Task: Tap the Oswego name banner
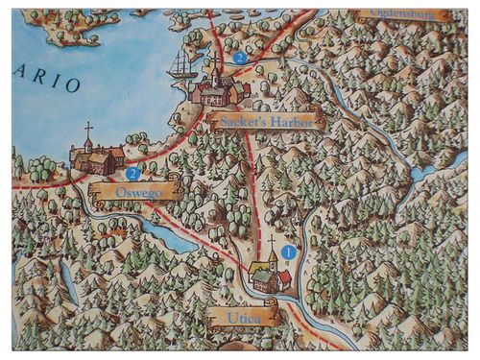tap(133, 192)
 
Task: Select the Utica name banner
tap(242, 314)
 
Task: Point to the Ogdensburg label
tap(404, 15)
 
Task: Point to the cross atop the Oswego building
tap(89, 128)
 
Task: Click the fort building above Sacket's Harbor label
tap(220, 91)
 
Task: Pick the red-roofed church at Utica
tap(269, 276)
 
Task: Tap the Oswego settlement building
tap(96, 158)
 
